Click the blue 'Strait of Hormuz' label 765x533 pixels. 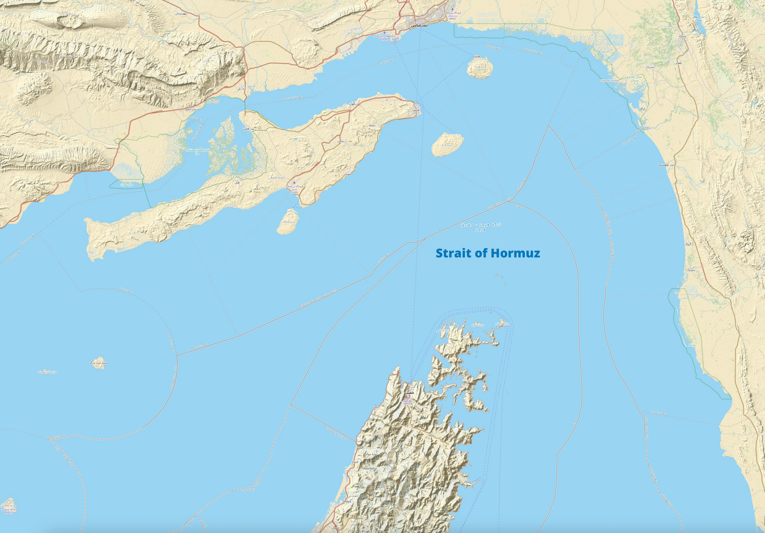tap(488, 253)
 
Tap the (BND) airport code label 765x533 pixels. tap(452, 19)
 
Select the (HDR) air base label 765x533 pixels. tap(384, 39)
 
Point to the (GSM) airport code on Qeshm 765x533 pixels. tap(294, 192)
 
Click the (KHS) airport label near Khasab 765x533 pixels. tap(407, 403)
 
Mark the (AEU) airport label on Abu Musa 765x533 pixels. tap(9, 512)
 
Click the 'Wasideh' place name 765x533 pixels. tap(369, 468)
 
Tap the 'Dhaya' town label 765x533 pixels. tap(347, 501)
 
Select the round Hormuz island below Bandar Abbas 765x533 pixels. tap(479, 69)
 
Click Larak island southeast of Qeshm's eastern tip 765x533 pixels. tap(447, 144)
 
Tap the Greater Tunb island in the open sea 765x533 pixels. tap(98, 363)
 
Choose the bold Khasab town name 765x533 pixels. tap(409, 393)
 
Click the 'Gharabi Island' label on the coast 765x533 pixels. tap(610, 81)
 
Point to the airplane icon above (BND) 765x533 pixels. tap(452, 9)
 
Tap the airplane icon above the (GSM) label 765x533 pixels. tap(294, 183)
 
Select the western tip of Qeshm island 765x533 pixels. tap(90, 223)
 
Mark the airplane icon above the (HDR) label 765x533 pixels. tap(384, 32)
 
